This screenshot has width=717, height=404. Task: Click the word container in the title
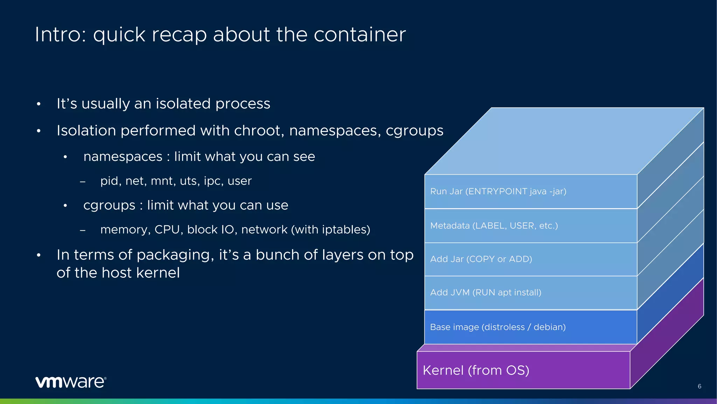tap(360, 35)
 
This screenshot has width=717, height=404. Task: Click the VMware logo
tap(71, 382)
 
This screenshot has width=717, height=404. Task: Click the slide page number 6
tap(699, 386)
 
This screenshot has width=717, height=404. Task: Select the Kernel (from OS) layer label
tap(476, 370)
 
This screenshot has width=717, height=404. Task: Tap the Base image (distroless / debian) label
tap(497, 327)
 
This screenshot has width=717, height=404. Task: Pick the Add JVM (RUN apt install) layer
tap(486, 292)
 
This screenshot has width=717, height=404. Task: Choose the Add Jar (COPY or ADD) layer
tap(481, 259)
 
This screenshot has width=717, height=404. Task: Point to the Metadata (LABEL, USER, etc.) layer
tap(494, 225)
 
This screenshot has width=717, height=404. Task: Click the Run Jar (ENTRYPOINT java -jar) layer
tap(498, 191)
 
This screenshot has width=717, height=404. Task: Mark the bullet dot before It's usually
tap(39, 104)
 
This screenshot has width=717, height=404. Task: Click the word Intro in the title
tap(60, 35)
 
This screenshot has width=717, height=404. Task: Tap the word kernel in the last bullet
tap(158, 273)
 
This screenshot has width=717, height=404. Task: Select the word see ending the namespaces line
tap(304, 157)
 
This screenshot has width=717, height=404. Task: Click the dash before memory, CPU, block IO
tap(83, 230)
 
